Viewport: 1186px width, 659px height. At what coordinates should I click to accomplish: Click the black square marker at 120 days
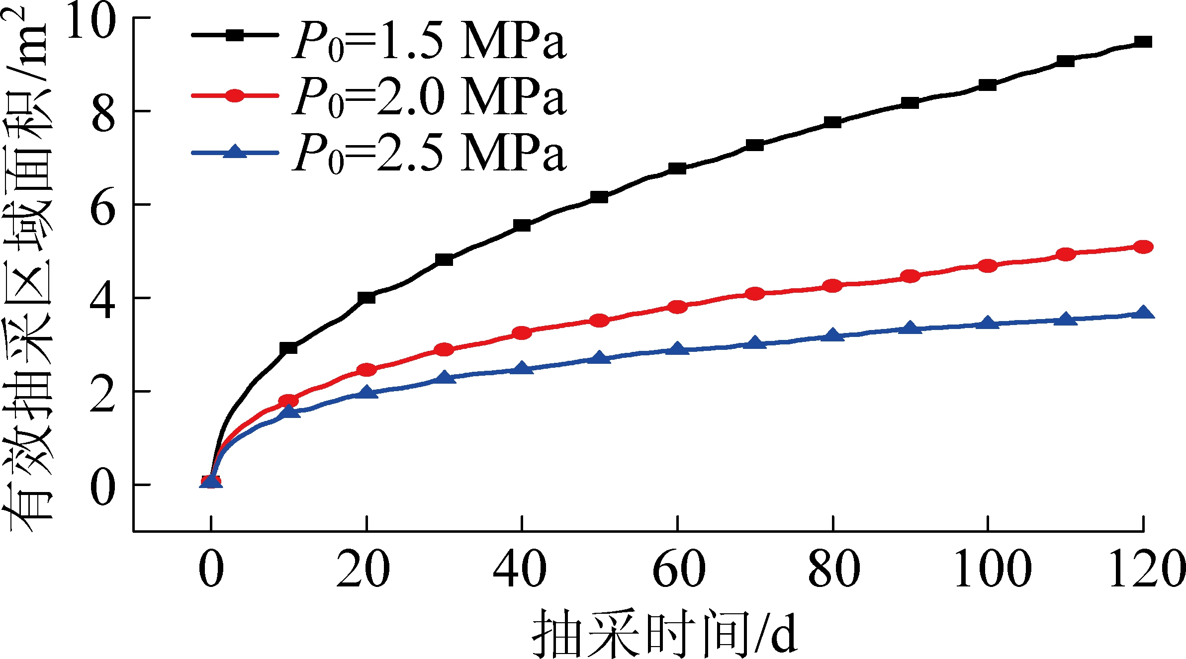tap(1143, 42)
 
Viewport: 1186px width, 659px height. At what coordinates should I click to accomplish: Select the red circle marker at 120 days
tap(1143, 247)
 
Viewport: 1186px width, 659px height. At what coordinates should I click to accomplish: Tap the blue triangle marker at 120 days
tap(1143, 313)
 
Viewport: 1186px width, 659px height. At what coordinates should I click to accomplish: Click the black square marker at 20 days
tap(366, 298)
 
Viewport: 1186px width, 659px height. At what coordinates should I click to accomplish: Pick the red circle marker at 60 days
tap(677, 307)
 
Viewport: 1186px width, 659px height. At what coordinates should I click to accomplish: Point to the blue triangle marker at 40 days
tap(522, 369)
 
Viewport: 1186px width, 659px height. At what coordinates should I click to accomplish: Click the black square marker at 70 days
tap(755, 145)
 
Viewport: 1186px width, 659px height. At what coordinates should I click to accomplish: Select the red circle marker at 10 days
tap(288, 401)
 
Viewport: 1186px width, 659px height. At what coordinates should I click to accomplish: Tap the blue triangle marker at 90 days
tap(910, 329)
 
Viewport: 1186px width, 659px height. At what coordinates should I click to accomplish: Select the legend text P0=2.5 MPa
tap(429, 154)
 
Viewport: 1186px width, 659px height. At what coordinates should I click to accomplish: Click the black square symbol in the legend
tap(235, 35)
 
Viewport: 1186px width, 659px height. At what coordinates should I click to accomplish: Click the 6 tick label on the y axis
tap(103, 207)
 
